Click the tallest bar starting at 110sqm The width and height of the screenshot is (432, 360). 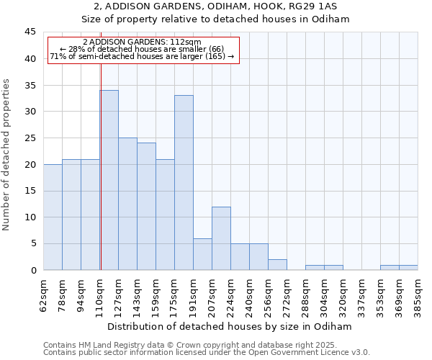click(x=109, y=180)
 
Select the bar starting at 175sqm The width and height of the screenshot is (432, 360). click(x=184, y=183)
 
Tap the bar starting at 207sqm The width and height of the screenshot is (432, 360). click(x=221, y=238)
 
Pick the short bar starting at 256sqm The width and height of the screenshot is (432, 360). click(x=277, y=265)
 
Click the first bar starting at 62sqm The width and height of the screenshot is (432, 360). click(x=53, y=217)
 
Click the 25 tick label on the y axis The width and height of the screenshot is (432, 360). click(x=30, y=138)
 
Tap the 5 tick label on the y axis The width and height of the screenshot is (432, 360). click(x=32, y=244)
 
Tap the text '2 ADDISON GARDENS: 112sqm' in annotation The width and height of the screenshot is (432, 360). click(x=142, y=42)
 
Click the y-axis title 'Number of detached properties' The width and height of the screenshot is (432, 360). click(x=7, y=154)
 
